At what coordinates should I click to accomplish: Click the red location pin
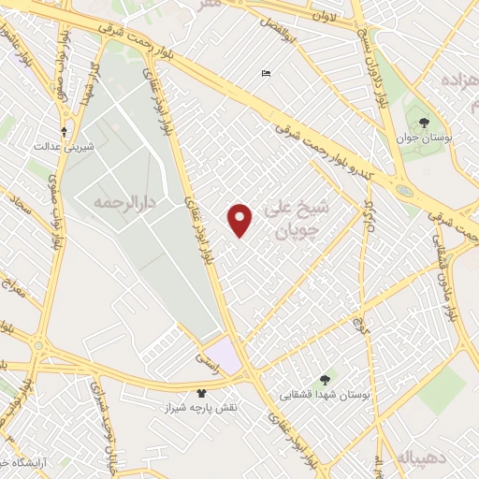240,220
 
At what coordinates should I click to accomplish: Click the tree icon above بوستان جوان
424,123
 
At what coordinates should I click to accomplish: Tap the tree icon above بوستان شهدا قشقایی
325,380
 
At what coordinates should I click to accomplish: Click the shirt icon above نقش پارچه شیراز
200,394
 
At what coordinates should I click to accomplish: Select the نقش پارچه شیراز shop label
201,410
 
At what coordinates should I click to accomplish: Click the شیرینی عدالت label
60,147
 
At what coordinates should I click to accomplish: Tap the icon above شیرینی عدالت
64,132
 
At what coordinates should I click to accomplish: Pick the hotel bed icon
267,74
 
